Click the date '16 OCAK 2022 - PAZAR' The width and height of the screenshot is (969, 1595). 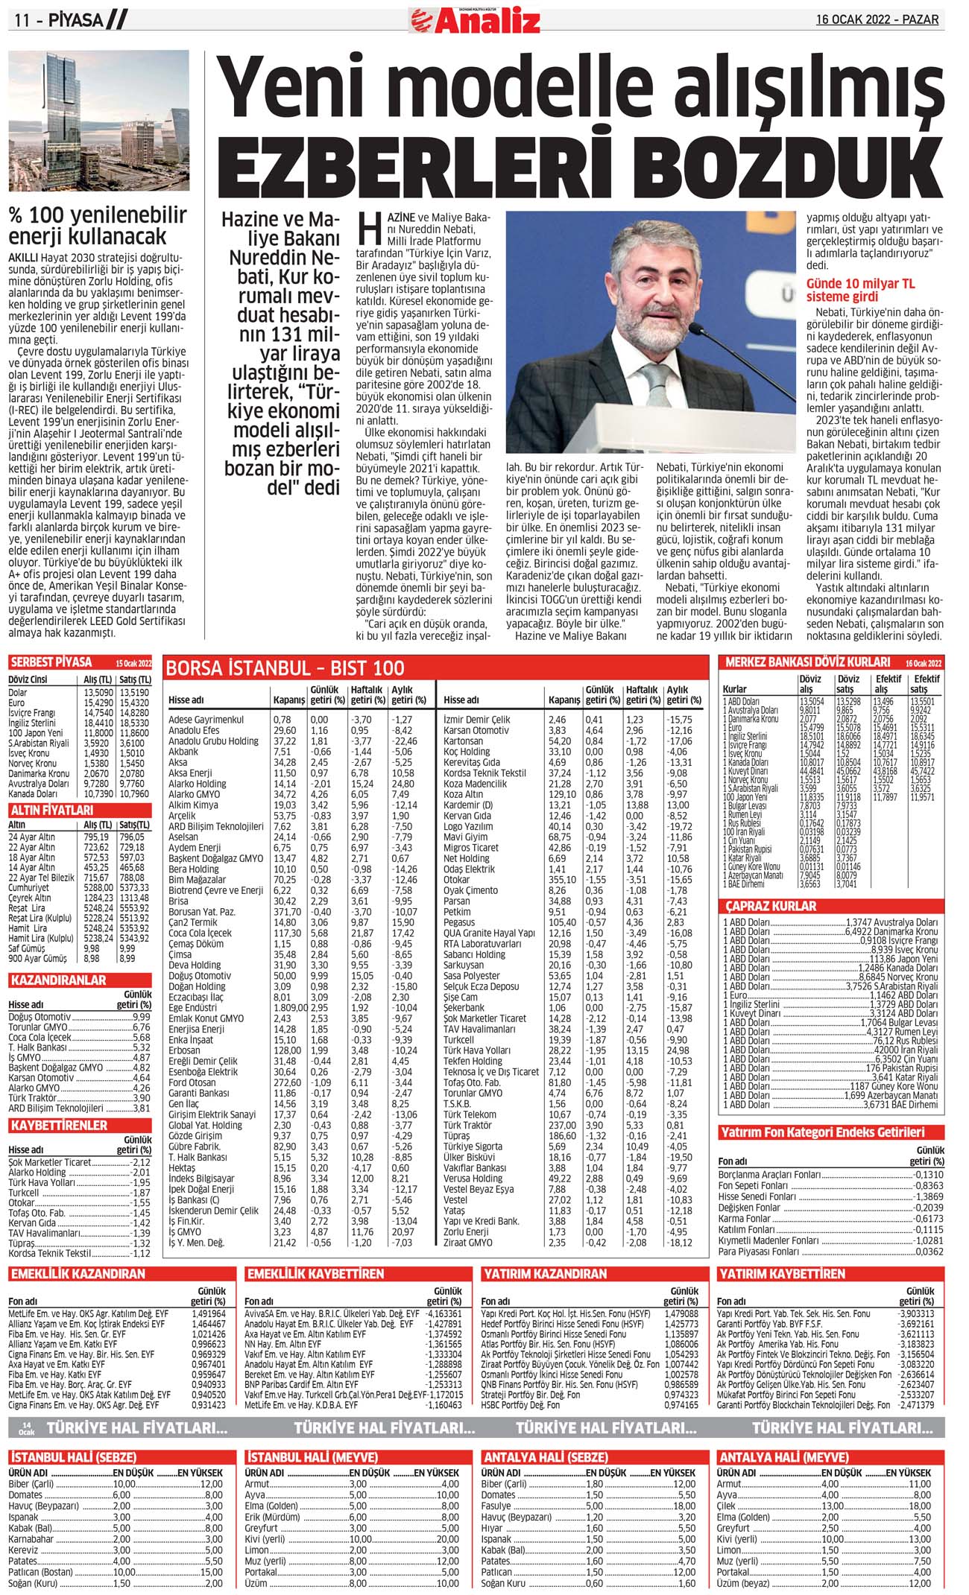click(x=877, y=20)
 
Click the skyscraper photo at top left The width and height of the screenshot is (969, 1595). click(x=99, y=121)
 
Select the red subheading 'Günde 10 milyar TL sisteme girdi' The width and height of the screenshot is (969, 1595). click(x=860, y=291)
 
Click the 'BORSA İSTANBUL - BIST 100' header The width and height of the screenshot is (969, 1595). click(x=285, y=668)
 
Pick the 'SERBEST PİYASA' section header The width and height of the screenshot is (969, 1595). click(x=51, y=662)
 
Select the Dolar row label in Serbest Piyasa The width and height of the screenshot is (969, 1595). click(x=18, y=693)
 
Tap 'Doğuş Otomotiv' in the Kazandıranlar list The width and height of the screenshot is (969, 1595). click(x=40, y=1017)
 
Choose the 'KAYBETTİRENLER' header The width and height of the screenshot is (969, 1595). click(x=60, y=1125)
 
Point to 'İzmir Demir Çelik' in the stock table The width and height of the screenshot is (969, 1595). click(x=476, y=720)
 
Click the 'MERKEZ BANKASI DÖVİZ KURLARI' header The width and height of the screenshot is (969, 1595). click(x=807, y=662)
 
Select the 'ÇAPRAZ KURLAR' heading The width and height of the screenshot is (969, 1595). click(x=771, y=906)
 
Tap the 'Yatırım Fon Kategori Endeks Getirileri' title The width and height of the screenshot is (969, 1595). click(x=822, y=1132)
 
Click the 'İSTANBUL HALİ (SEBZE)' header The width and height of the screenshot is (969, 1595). click(x=73, y=1457)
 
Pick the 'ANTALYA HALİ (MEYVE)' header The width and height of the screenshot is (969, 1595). click(x=783, y=1457)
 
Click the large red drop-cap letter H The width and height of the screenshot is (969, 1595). click(x=370, y=229)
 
